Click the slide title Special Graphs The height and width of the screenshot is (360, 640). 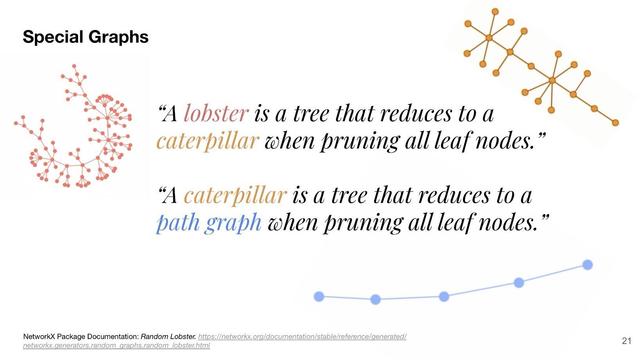[x=86, y=37]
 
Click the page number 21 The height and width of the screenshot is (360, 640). [x=626, y=341]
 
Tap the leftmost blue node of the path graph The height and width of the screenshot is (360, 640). [x=319, y=296]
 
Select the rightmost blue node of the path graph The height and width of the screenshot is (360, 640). [x=588, y=265]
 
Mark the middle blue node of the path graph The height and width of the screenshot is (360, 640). [x=443, y=296]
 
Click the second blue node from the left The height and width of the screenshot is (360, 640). [x=375, y=299]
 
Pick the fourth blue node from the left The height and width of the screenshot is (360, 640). [x=519, y=283]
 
